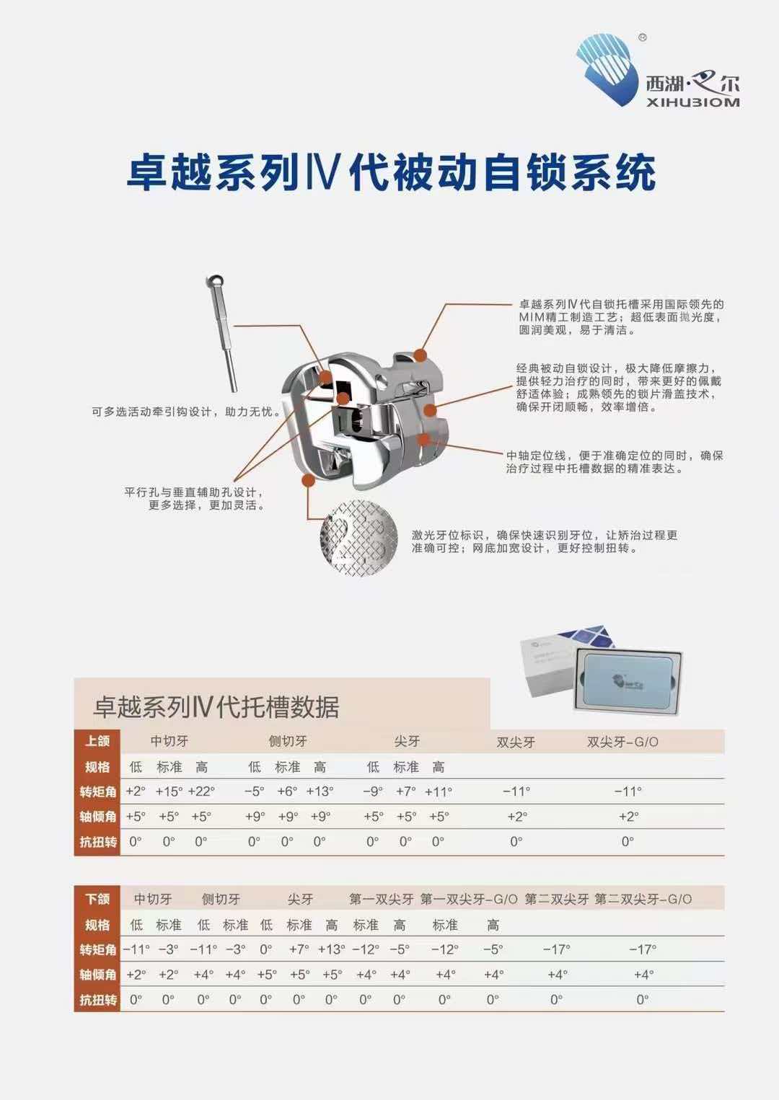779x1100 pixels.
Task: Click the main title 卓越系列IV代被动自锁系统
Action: (390, 173)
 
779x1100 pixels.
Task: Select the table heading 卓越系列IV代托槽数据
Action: (216, 707)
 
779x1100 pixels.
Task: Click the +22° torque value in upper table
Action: (201, 791)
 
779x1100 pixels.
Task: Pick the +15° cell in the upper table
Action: (169, 791)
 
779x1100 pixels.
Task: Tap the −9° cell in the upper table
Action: (372, 791)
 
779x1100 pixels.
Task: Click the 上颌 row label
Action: (97, 741)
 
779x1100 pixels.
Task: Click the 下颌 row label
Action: (97, 899)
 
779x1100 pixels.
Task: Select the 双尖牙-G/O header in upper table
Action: (622, 742)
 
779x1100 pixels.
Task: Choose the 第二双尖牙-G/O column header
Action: (643, 899)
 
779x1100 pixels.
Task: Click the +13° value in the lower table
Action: (331, 949)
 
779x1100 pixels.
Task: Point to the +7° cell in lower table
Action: (299, 949)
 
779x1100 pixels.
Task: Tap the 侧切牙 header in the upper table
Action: (287, 741)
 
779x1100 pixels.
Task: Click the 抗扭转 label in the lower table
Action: (97, 1000)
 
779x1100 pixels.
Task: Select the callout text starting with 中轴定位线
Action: (614, 462)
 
